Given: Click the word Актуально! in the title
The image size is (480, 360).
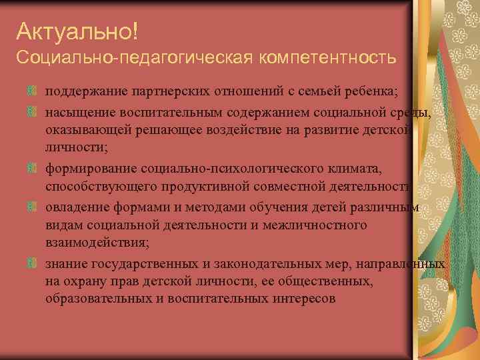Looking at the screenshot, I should coord(77,31).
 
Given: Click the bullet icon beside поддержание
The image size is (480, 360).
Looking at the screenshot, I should coord(31,91).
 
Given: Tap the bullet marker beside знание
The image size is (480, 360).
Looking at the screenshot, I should coord(31,264).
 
